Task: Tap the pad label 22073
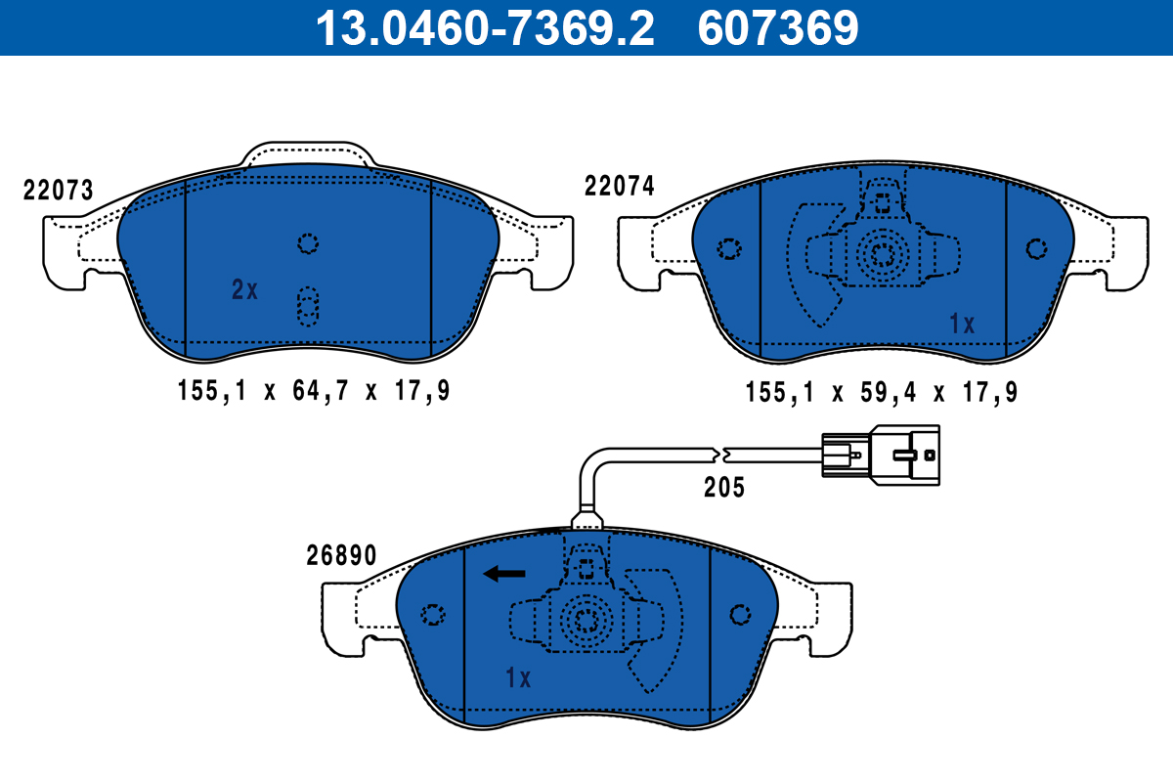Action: point(59,191)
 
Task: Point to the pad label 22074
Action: point(620,187)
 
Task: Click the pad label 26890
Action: point(339,556)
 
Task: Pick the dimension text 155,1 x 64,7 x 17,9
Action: point(314,392)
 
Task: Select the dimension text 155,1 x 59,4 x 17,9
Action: point(882,393)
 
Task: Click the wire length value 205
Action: point(724,487)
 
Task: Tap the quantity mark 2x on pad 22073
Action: point(244,289)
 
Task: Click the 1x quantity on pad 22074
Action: point(963,325)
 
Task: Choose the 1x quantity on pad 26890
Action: point(517,677)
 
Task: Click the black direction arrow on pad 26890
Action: point(504,574)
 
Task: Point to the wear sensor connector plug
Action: point(880,453)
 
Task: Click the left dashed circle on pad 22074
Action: point(728,249)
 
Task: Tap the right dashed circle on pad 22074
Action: point(1036,248)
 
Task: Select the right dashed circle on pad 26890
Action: point(740,614)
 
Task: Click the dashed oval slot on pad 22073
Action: point(308,306)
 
